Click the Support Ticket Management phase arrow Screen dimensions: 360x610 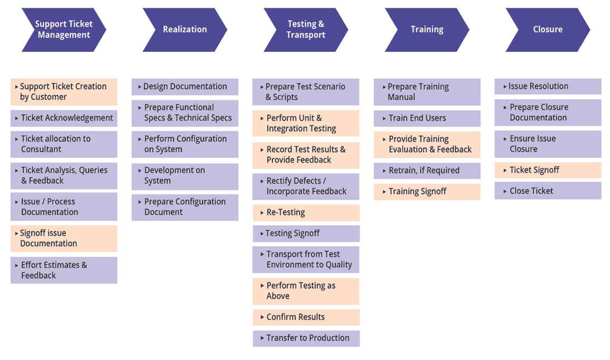coord(64,30)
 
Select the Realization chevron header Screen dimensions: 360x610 coord(185,30)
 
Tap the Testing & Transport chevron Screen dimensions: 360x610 coord(305,30)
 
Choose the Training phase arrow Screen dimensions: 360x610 coord(427,30)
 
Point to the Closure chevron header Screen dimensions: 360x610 coord(547,30)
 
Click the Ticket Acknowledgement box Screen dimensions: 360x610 coord(64,118)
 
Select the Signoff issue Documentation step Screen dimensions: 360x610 coord(64,238)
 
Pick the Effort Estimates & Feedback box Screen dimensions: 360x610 coord(64,270)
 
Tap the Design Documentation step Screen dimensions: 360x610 coord(185,87)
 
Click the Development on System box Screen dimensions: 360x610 coord(185,176)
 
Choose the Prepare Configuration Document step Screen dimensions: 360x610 coord(185,207)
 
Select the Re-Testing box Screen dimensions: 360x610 coord(306,213)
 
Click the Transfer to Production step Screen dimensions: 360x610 coord(306,338)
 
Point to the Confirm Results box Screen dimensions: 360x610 coord(306,317)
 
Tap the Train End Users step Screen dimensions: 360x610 coord(427,118)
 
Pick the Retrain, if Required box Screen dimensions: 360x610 coord(427,171)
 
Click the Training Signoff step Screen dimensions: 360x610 coord(427,191)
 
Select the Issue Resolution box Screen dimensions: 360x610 coord(547,87)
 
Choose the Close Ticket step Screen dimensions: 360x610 coord(547,191)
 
